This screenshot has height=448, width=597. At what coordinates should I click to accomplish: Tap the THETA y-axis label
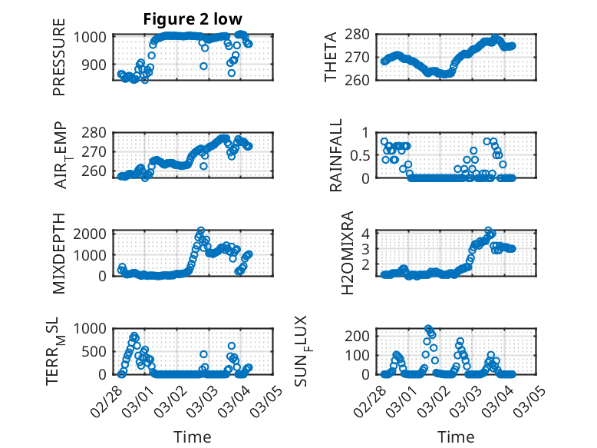[330, 57]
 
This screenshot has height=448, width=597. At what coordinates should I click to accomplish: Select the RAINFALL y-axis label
[336, 155]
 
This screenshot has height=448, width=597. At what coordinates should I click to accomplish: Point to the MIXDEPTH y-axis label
[59, 253]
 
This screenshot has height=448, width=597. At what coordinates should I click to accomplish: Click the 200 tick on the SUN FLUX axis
[364, 336]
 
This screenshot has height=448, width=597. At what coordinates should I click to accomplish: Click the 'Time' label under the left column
[193, 436]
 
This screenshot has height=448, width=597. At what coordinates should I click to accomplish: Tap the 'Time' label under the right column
[456, 436]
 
